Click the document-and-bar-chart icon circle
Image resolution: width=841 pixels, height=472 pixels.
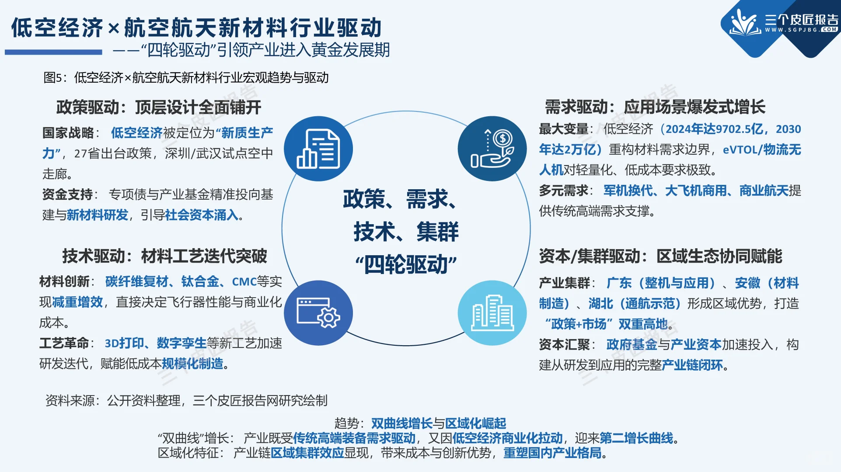318,149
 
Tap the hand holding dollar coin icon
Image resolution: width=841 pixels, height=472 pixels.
492,149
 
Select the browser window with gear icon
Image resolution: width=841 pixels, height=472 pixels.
318,313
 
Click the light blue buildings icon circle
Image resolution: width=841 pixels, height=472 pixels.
492,313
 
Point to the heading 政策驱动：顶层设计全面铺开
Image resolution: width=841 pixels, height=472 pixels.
158,107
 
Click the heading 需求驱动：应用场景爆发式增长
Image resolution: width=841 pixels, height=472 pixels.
655,107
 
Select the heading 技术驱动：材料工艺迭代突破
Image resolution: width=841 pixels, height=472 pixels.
164,256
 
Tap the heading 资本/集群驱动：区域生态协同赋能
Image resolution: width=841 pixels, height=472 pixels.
660,256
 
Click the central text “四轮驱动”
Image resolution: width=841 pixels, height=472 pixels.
406,264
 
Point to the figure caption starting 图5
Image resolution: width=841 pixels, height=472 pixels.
186,78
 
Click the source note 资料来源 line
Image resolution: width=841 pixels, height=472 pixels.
186,400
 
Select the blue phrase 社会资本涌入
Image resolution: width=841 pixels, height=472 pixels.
202,215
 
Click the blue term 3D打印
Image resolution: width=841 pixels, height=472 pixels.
124,343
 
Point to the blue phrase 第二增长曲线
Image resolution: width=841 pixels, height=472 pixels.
636,438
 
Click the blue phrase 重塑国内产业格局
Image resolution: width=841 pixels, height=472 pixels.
552,453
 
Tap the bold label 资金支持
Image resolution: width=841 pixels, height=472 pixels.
67,194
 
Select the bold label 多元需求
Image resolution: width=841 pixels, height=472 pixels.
564,191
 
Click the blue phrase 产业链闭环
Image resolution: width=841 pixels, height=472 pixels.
692,365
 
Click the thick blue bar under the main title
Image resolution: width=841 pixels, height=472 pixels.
53,52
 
